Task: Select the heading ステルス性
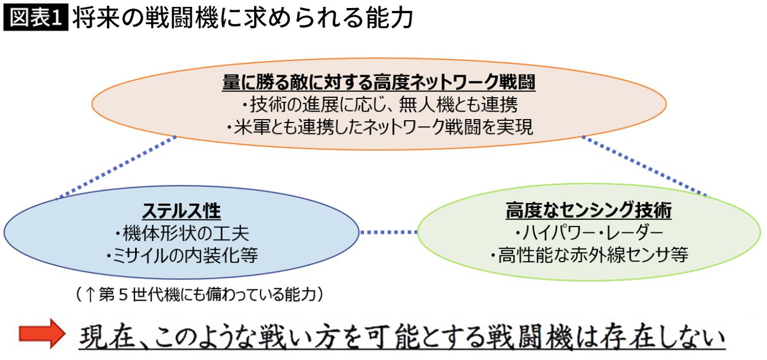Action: (181, 211)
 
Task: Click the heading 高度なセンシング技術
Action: (589, 211)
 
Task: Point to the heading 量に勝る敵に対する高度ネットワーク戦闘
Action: (378, 83)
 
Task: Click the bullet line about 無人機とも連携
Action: (378, 105)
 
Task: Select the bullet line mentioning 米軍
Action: (378, 127)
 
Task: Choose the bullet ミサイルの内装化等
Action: (181, 255)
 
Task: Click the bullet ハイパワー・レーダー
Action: (589, 233)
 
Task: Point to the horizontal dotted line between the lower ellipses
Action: (389, 232)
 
